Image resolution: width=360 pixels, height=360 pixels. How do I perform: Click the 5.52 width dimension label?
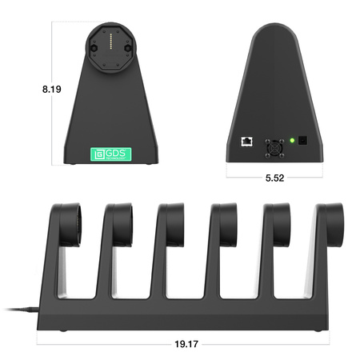point(274,178)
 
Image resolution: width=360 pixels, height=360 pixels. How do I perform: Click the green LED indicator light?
point(295,142)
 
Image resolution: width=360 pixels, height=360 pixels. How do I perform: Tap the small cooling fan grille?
point(274,147)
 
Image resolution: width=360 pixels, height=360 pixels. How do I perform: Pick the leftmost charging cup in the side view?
point(66,220)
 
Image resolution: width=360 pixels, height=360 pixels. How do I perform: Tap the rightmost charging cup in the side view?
point(331,219)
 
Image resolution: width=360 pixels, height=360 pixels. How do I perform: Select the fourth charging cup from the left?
point(226,220)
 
